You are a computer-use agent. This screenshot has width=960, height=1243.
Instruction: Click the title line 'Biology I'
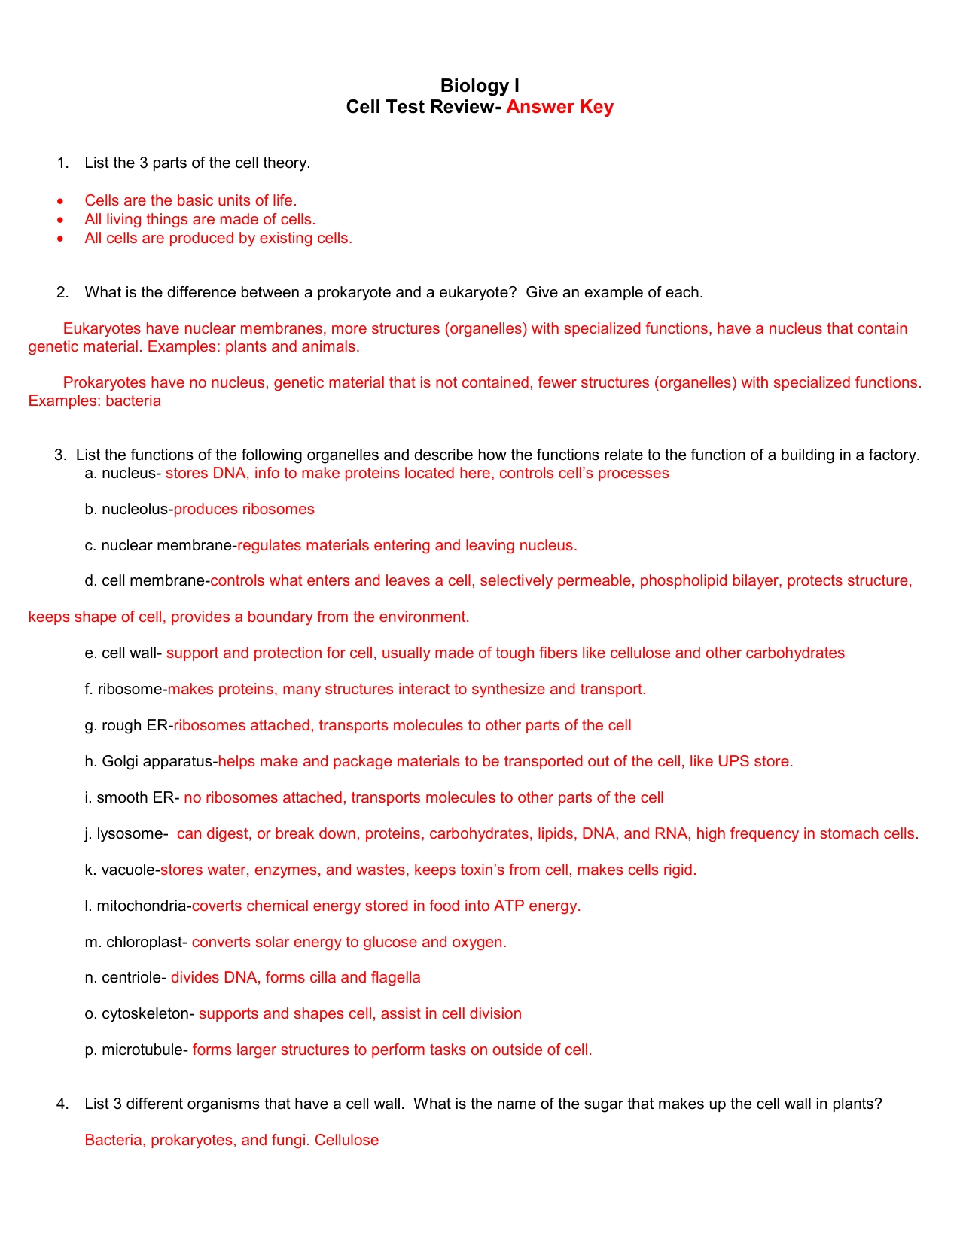point(480,86)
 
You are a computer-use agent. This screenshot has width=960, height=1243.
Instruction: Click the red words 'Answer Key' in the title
point(559,107)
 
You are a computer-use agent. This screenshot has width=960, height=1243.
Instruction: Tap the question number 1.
point(62,163)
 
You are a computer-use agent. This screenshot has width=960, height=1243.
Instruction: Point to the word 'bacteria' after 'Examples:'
point(133,401)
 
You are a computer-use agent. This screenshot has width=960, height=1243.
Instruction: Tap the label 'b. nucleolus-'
point(129,510)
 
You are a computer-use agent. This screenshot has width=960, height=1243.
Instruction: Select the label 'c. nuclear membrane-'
point(161,546)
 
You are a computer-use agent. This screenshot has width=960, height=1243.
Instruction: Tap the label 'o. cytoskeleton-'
point(140,1014)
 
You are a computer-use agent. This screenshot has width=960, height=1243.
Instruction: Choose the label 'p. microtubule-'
point(136,1050)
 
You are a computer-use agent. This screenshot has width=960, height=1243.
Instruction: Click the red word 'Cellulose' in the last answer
point(346,1141)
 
